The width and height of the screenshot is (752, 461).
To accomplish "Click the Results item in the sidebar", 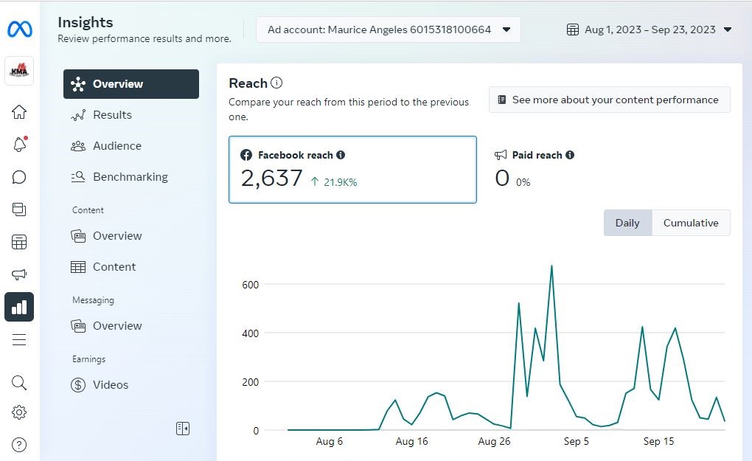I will point(111,115).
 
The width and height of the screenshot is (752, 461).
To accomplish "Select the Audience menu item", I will point(116,146).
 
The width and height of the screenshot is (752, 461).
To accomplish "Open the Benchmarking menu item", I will point(130,177).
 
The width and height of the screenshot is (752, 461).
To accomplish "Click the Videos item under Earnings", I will point(110,385).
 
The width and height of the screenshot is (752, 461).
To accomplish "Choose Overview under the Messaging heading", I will point(116,326).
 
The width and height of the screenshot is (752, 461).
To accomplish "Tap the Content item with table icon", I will point(114,267).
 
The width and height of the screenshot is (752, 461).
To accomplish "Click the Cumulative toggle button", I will point(690,223).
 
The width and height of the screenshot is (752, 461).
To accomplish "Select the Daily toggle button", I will point(627,223).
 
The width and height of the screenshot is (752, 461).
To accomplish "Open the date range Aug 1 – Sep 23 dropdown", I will point(649,30).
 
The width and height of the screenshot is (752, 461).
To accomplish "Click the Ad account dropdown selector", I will point(389,30).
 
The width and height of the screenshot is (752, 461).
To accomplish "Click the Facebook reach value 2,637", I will point(272,178).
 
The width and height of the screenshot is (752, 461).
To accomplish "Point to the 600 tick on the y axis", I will point(251,285).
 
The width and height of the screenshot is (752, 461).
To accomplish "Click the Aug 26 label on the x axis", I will point(494,442).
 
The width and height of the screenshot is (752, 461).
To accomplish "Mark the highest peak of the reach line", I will point(551,266).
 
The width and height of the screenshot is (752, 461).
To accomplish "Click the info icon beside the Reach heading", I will point(276,83).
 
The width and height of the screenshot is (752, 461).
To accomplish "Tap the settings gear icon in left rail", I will point(19,412).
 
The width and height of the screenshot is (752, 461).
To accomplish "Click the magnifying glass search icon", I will point(19,382).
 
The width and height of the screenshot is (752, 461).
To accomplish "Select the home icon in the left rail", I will point(19,112).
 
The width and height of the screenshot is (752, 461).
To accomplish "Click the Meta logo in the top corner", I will point(19,30).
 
